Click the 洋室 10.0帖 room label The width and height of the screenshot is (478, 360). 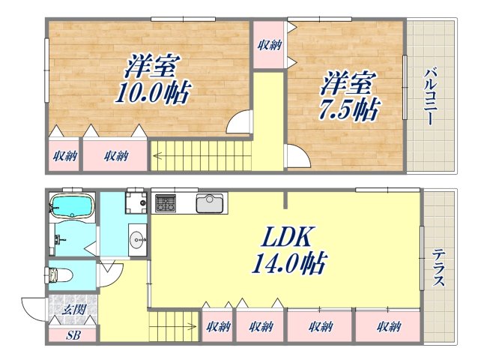(152, 80)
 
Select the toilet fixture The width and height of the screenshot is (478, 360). (61, 274)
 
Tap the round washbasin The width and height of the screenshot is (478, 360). (137, 240)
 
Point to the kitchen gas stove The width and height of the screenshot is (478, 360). (165, 202)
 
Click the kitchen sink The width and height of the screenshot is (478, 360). (210, 202)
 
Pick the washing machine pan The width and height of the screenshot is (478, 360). (136, 202)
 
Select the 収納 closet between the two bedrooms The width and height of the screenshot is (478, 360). (268, 46)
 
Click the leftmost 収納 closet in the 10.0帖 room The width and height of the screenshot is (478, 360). (64, 156)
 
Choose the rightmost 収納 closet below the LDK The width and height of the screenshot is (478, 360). (388, 326)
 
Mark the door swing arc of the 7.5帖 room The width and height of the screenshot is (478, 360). (295, 158)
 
